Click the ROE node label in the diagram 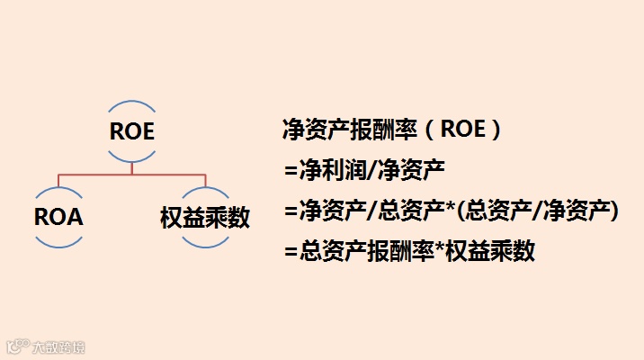[x=131, y=131]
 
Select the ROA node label [x=58, y=217]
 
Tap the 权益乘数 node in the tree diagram [x=205, y=217]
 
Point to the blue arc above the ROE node [x=131, y=103]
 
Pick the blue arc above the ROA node [x=58, y=189]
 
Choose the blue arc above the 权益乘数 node [x=205, y=189]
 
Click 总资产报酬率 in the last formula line [x=353, y=252]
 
